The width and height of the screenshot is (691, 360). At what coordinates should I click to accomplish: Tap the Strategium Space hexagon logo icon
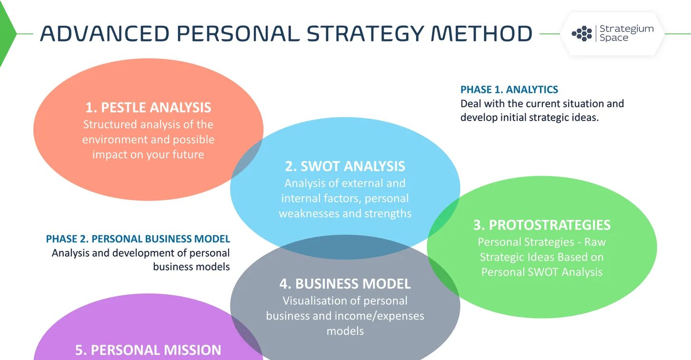tap(581, 34)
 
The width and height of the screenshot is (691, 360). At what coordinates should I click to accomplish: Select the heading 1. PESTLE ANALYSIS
tap(148, 107)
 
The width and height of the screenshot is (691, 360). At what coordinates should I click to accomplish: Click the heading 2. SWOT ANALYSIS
tap(345, 166)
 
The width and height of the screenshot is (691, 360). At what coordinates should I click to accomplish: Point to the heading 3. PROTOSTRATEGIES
tap(542, 225)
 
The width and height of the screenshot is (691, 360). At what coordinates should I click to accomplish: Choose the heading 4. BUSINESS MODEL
tap(345, 284)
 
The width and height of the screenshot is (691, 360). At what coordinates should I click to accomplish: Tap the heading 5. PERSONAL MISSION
tap(148, 350)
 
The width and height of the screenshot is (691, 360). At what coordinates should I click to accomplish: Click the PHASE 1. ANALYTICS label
tap(509, 90)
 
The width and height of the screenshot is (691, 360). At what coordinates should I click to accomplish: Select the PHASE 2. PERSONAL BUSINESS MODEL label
tap(138, 239)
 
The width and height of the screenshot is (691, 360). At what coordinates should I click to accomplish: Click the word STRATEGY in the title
tap(365, 34)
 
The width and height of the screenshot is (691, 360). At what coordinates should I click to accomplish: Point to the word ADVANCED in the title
tap(104, 34)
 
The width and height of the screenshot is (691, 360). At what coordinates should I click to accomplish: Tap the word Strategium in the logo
tap(626, 29)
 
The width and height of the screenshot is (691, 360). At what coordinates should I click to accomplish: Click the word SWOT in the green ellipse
tap(543, 272)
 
